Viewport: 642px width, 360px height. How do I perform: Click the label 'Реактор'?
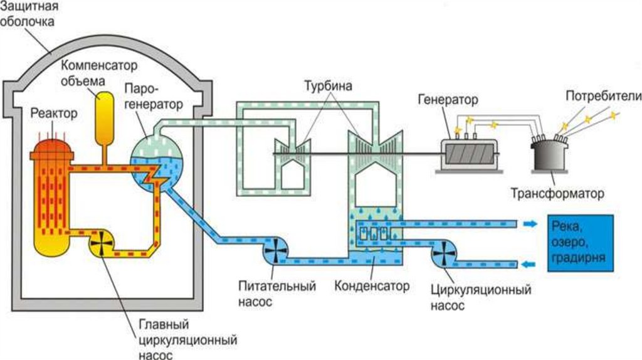pos(54,114)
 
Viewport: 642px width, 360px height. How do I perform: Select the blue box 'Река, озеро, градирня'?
pos(580,243)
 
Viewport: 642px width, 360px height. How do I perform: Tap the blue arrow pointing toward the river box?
pos(530,224)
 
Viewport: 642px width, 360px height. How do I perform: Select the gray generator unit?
pos(470,152)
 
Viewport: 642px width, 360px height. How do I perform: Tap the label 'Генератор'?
pos(448,100)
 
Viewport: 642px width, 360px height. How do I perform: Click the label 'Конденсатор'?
pos(372,286)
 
